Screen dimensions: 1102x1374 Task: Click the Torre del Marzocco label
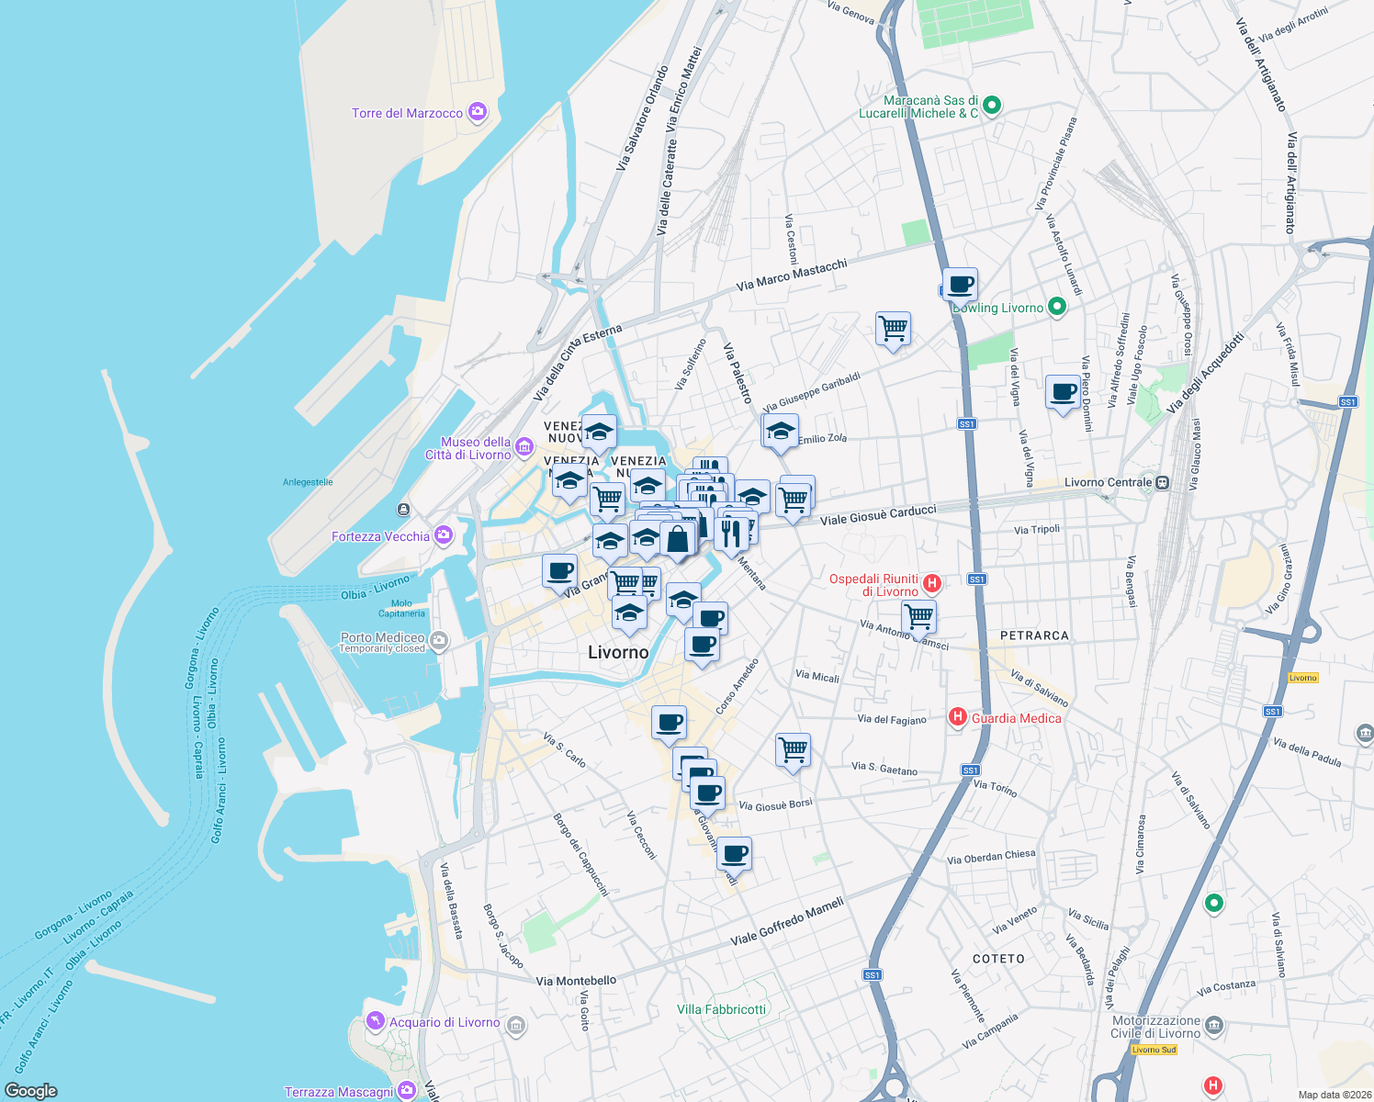[x=407, y=113]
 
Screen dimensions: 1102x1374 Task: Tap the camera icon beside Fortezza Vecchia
[x=444, y=535]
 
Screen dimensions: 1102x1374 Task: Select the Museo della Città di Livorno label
[x=468, y=448]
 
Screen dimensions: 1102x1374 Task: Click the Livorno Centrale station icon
[x=1163, y=482]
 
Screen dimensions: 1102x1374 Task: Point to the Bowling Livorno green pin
[x=1056, y=307]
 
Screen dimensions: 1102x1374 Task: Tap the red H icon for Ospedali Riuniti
[x=932, y=583]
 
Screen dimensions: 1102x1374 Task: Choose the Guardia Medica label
[x=1016, y=718]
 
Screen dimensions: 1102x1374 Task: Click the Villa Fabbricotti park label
[x=721, y=1009]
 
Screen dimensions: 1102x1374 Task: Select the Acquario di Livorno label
[x=445, y=1022]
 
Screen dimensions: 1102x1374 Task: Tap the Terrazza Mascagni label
[x=339, y=1092]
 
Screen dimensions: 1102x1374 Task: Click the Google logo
[x=31, y=1090]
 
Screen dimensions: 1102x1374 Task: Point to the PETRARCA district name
[x=1034, y=635]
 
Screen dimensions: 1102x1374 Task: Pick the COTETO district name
[x=998, y=959]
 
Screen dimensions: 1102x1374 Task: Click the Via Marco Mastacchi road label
[x=792, y=275]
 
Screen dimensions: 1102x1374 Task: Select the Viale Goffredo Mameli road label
[x=787, y=922]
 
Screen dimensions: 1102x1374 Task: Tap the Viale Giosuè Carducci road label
[x=878, y=514]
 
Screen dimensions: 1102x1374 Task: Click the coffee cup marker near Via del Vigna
[x=1063, y=392]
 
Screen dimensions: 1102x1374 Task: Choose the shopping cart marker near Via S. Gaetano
[x=793, y=749]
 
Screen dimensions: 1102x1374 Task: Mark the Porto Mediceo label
[x=382, y=637]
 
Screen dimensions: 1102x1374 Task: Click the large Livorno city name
[x=618, y=652]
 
